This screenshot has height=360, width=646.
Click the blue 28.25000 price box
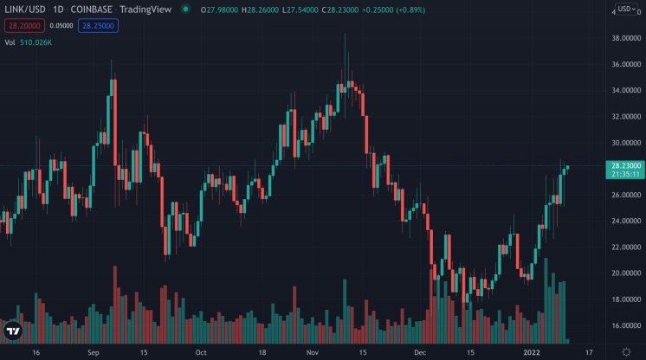point(98,26)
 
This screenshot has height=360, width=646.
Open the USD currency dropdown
point(626,10)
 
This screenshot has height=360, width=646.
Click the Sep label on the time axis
point(94,352)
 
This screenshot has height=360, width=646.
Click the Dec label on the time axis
point(420,352)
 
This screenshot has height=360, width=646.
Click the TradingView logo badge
point(13,331)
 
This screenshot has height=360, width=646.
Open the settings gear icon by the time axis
point(626,352)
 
